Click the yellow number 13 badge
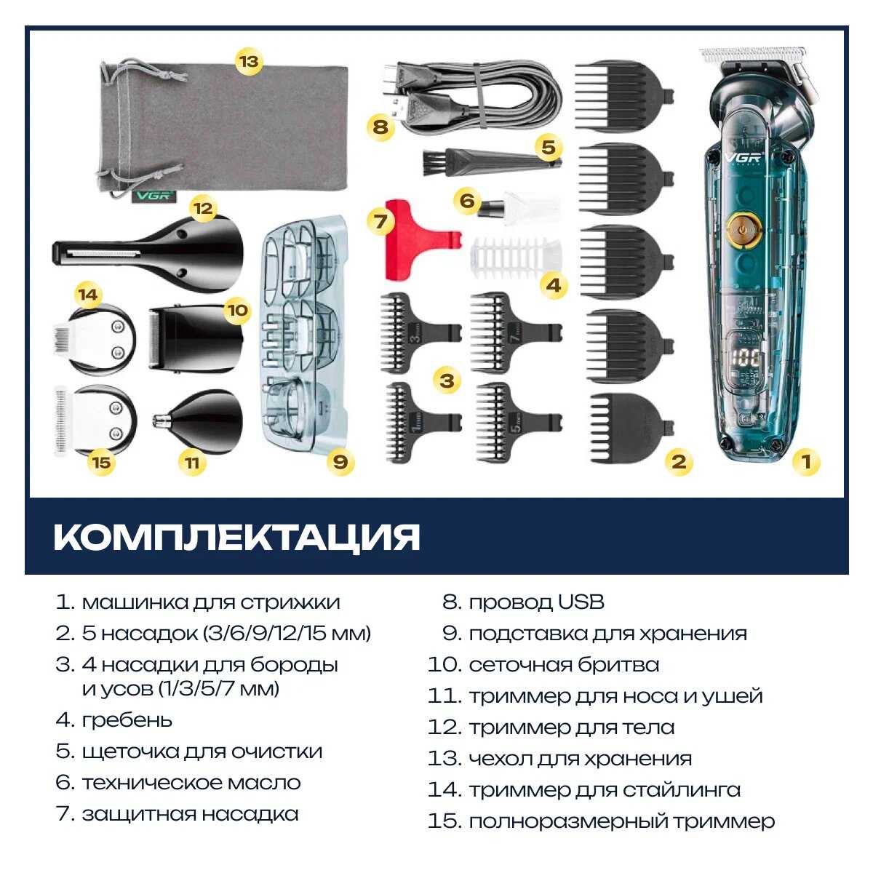[x=248, y=61]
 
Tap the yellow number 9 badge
[x=340, y=461]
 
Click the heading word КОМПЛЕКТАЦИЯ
[x=237, y=537]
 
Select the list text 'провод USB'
[x=536, y=602]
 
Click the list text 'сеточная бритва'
[x=564, y=665]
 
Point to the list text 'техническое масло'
[x=191, y=783]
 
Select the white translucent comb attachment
[x=517, y=254]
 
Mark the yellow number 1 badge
[x=805, y=461]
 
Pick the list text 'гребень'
[x=127, y=720]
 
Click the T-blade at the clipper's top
[x=753, y=55]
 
